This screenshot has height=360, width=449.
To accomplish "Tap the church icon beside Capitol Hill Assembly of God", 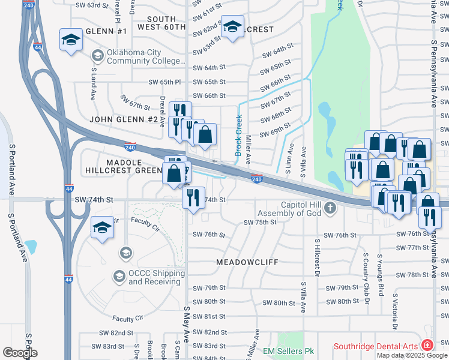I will point(329,209).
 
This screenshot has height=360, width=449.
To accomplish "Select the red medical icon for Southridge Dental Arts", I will point(427,345).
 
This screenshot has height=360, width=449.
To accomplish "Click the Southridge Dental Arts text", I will point(376,346).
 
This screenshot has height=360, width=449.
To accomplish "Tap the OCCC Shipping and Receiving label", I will point(156,277).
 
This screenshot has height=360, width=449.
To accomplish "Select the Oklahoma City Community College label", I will point(144,57).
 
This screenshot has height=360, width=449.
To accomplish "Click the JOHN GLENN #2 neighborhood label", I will point(123,119).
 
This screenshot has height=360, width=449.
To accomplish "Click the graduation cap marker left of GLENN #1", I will point(71,40).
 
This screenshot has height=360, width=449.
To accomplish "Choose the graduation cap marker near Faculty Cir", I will point(103,228).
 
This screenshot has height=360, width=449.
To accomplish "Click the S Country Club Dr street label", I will point(364,274).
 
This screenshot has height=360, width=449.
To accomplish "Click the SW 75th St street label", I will point(259,223).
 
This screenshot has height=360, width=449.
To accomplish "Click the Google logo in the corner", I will point(20,353).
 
